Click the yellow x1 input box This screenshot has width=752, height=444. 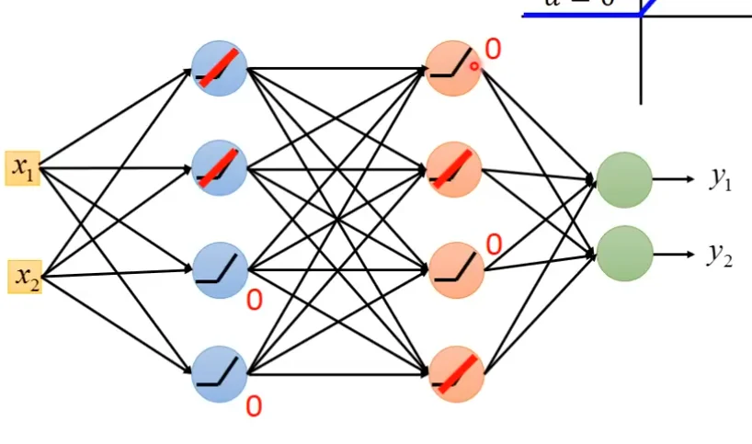point(22,168)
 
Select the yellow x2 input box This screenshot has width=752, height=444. point(24,276)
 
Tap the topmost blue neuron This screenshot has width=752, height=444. point(220,69)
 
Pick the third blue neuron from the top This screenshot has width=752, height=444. point(220,269)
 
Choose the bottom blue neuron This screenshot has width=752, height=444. point(220,372)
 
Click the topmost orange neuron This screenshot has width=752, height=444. point(453,67)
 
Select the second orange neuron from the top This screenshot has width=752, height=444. point(454,169)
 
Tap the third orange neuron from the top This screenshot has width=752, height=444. point(454,269)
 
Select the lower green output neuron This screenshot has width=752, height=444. point(625,254)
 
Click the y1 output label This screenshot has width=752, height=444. point(721,178)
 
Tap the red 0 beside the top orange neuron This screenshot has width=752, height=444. point(494,50)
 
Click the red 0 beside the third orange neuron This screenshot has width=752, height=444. point(494,245)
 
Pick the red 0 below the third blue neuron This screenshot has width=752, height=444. point(254,300)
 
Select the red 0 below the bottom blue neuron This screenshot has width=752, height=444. point(254,405)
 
